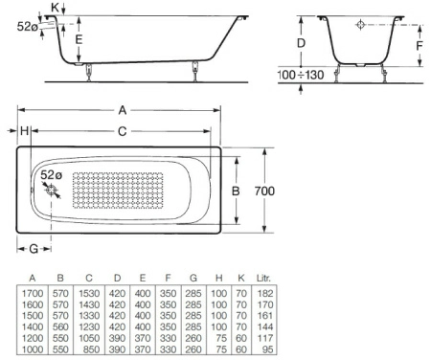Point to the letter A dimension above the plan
[122, 107]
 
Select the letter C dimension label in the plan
[122, 131]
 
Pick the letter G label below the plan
[34, 249]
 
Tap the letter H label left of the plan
[24, 131]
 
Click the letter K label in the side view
[55, 8]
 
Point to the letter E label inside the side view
[79, 39]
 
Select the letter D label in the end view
[301, 43]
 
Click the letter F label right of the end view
[419, 43]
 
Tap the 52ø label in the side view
[28, 27]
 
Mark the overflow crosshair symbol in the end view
[360, 25]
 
